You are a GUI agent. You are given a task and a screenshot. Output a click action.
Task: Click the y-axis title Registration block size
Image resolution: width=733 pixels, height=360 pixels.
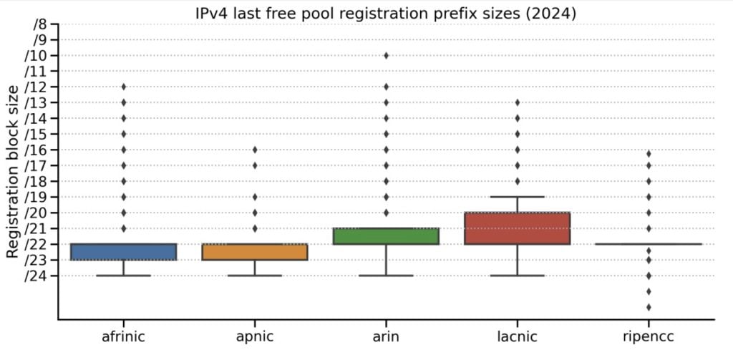(x=13, y=171)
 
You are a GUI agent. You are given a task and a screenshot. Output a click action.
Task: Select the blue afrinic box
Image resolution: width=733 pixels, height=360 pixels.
(x=124, y=252)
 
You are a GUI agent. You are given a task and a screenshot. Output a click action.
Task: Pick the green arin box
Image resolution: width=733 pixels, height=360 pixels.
(x=386, y=236)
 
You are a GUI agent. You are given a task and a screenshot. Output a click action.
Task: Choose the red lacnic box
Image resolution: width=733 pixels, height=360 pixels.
(x=517, y=228)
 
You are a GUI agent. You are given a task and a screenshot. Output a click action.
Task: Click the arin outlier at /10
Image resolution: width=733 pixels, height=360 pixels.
(x=386, y=55)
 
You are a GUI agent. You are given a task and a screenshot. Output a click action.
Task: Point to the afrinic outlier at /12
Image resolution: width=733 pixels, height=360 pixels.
(x=124, y=87)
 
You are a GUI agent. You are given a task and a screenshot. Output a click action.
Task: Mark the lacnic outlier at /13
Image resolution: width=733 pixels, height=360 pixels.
(x=517, y=102)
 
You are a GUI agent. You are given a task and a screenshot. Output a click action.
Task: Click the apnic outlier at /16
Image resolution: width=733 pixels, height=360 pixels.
(x=255, y=150)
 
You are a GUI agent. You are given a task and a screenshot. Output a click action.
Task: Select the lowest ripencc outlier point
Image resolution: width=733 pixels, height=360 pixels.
(x=649, y=307)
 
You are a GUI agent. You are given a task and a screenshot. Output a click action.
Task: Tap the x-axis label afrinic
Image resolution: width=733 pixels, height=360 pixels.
(x=124, y=336)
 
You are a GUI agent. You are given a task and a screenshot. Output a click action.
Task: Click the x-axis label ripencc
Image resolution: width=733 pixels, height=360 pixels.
(x=649, y=336)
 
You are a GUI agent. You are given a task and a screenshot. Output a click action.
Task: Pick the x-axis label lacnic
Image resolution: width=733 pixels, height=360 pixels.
(x=517, y=336)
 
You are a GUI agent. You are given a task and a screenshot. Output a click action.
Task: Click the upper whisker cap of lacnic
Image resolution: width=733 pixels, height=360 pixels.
(x=517, y=197)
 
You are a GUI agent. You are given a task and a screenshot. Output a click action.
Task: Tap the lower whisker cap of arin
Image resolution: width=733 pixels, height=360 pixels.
(x=386, y=276)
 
